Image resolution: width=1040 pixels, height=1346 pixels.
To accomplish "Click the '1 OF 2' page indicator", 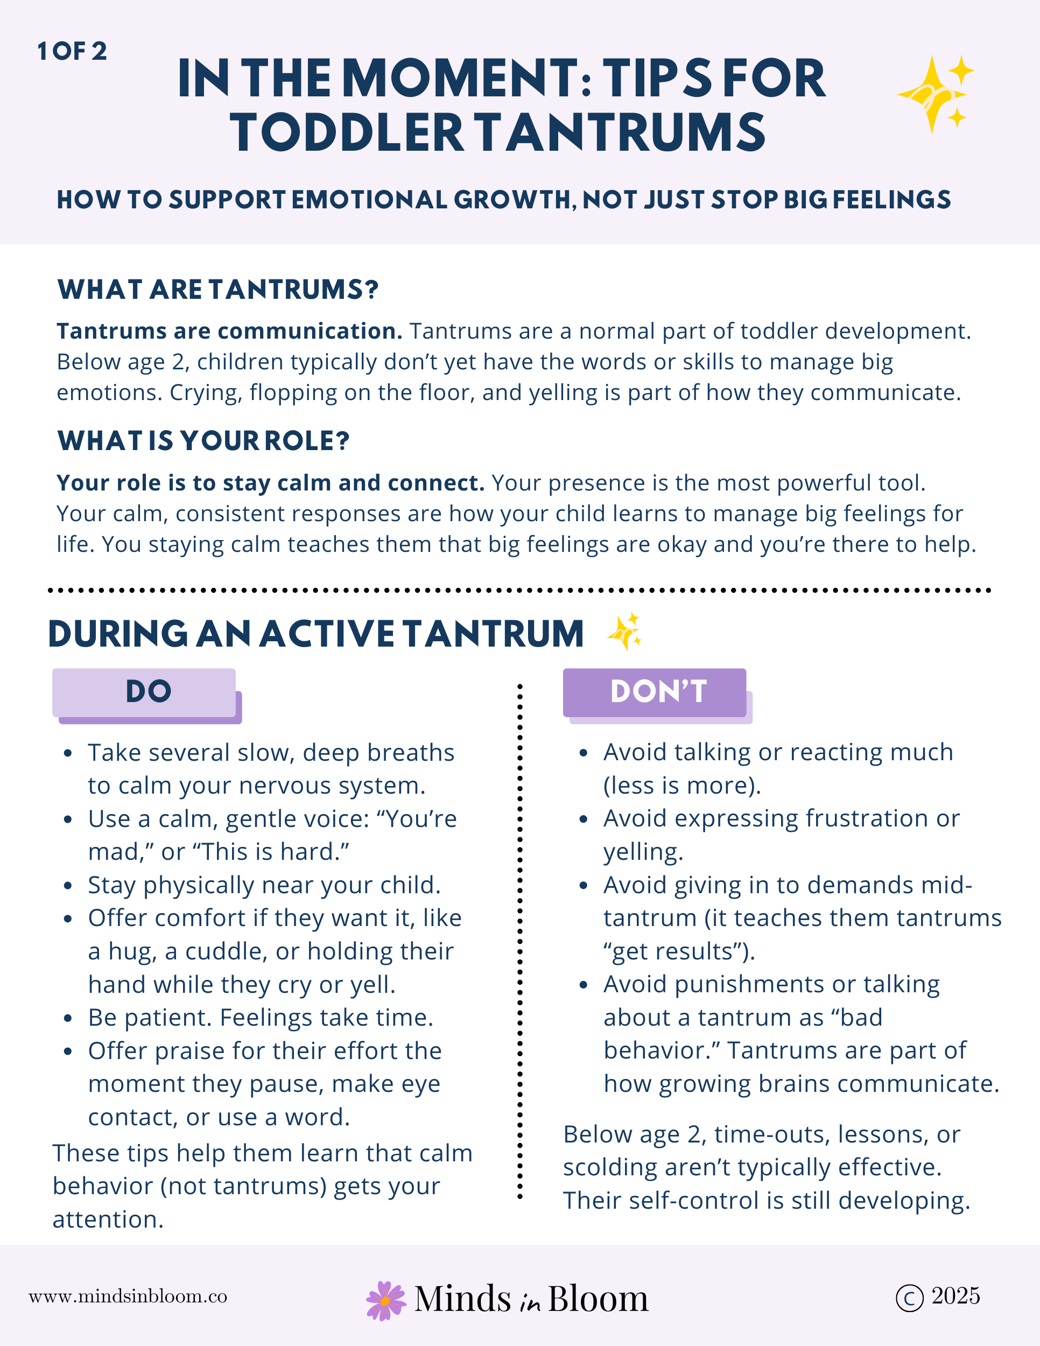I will (72, 51).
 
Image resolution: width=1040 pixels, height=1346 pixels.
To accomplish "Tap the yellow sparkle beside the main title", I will (934, 94).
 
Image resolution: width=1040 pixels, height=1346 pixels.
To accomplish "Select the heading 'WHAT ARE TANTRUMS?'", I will (217, 290).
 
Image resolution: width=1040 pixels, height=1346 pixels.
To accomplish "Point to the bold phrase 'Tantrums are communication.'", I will (229, 332).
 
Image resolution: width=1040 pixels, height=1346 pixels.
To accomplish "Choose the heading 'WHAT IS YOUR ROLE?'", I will (203, 441).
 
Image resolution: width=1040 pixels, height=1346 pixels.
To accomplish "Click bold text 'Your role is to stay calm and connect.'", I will (270, 483).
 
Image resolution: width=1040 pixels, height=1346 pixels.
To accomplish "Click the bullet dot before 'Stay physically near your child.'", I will (68, 886).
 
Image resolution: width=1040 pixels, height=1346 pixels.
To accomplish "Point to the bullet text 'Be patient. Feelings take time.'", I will (261, 1018).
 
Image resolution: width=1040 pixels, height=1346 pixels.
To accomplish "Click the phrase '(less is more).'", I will (682, 786).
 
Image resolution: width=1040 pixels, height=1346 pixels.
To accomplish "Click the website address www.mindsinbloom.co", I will (128, 1296).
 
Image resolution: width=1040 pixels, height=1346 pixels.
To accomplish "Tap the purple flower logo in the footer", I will (385, 1300).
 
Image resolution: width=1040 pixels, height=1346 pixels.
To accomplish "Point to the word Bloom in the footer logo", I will (598, 1299).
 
